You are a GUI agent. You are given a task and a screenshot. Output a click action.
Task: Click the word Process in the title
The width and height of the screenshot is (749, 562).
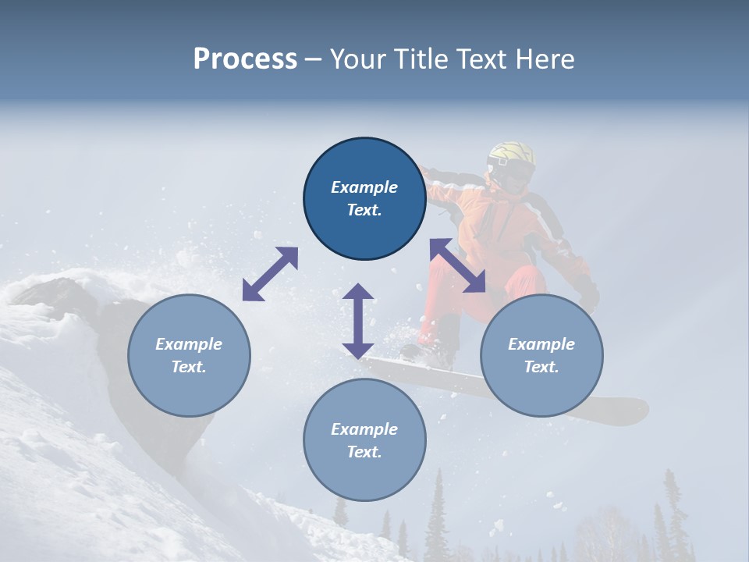[245, 59]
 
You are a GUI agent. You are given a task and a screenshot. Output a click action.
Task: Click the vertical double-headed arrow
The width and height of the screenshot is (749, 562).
[358, 321]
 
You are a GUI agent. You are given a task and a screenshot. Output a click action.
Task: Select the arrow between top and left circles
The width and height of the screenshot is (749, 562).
[270, 274]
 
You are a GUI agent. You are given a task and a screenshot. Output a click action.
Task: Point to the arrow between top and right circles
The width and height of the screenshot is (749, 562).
[458, 266]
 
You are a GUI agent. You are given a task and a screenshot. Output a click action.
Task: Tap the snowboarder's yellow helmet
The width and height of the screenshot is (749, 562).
[511, 155]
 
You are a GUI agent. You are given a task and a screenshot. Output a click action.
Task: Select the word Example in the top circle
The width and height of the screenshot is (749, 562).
[364, 187]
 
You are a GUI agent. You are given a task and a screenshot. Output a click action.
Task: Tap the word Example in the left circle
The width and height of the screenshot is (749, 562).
[189, 344]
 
